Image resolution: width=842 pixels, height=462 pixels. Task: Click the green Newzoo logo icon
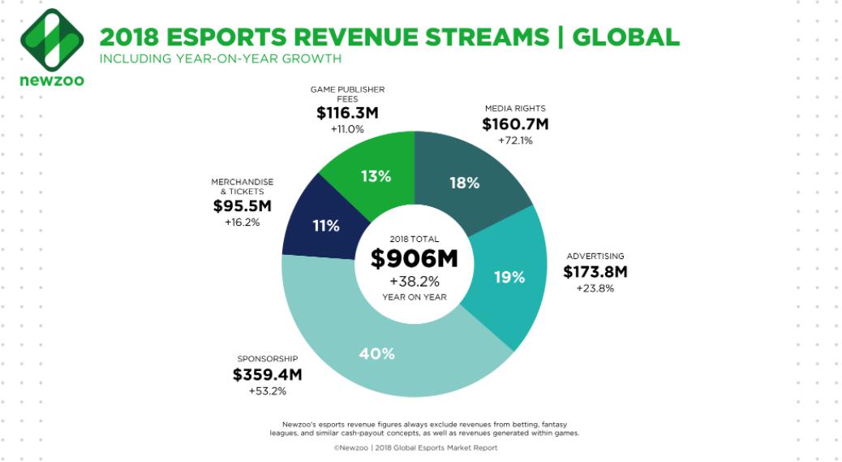tap(50, 40)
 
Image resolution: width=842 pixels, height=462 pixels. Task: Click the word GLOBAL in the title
tap(626, 37)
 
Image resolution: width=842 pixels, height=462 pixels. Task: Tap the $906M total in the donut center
tap(414, 259)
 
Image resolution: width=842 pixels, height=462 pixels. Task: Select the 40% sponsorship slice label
tap(376, 353)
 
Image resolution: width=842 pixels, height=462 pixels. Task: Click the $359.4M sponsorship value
tap(267, 374)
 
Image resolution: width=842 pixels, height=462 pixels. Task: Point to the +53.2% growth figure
tap(267, 391)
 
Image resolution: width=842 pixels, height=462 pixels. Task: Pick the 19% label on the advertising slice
tap(509, 278)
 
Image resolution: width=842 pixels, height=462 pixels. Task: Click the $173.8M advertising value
tap(595, 272)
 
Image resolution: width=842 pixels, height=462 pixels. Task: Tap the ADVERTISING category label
tap(595, 256)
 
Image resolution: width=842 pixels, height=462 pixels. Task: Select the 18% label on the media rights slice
tap(465, 183)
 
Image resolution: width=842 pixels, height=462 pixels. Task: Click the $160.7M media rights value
tap(515, 124)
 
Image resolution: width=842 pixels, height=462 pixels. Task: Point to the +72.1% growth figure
tap(515, 141)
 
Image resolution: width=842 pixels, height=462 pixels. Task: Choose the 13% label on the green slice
tap(376, 175)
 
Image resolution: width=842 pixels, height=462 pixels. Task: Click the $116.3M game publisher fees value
tap(347, 114)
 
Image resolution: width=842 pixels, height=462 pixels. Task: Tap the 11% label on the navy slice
tap(325, 226)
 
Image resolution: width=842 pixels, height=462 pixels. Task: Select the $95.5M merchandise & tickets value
tap(243, 206)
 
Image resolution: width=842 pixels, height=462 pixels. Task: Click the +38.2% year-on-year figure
tap(414, 281)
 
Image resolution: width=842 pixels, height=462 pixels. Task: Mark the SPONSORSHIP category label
tap(267, 358)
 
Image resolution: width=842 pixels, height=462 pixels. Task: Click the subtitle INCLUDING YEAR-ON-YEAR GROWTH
tap(220, 58)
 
